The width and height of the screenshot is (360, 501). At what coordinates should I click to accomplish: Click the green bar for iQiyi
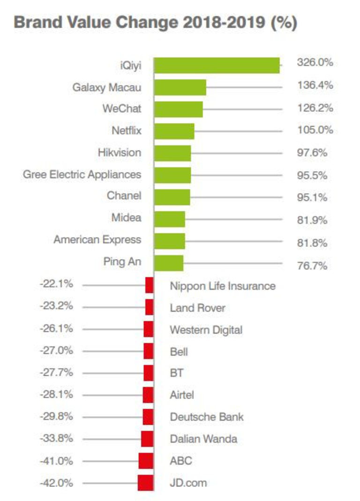pyautogui.click(x=217, y=65)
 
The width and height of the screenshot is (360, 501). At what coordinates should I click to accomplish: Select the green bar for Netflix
pyautogui.click(x=174, y=131)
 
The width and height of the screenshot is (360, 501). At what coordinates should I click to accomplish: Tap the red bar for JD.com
pyautogui.click(x=146, y=483)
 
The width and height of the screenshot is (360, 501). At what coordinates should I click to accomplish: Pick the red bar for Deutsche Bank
pyautogui.click(x=148, y=417)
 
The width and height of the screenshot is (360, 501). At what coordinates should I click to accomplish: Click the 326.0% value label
pyautogui.click(x=315, y=63)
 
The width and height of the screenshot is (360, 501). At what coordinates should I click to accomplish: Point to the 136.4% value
pyautogui.click(x=315, y=85)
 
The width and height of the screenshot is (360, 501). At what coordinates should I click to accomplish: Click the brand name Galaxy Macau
pyautogui.click(x=107, y=87)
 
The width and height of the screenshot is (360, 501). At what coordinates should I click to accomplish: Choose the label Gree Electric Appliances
pyautogui.click(x=82, y=174)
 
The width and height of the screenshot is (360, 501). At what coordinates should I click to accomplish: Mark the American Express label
pyautogui.click(x=97, y=239)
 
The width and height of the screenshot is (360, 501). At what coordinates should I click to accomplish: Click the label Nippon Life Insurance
pyautogui.click(x=223, y=285)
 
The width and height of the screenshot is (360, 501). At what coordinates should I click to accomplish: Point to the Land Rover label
pyautogui.click(x=197, y=308)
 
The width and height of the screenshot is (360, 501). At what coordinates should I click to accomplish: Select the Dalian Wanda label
pyautogui.click(x=203, y=439)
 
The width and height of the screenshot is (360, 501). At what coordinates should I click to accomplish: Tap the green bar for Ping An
pyautogui.click(x=169, y=263)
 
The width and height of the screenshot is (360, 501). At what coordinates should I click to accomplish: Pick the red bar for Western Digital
pyautogui.click(x=149, y=329)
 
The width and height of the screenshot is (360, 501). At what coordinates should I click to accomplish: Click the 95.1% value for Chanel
pyautogui.click(x=312, y=197)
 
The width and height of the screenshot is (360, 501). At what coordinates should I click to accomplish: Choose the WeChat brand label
pyautogui.click(x=122, y=109)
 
